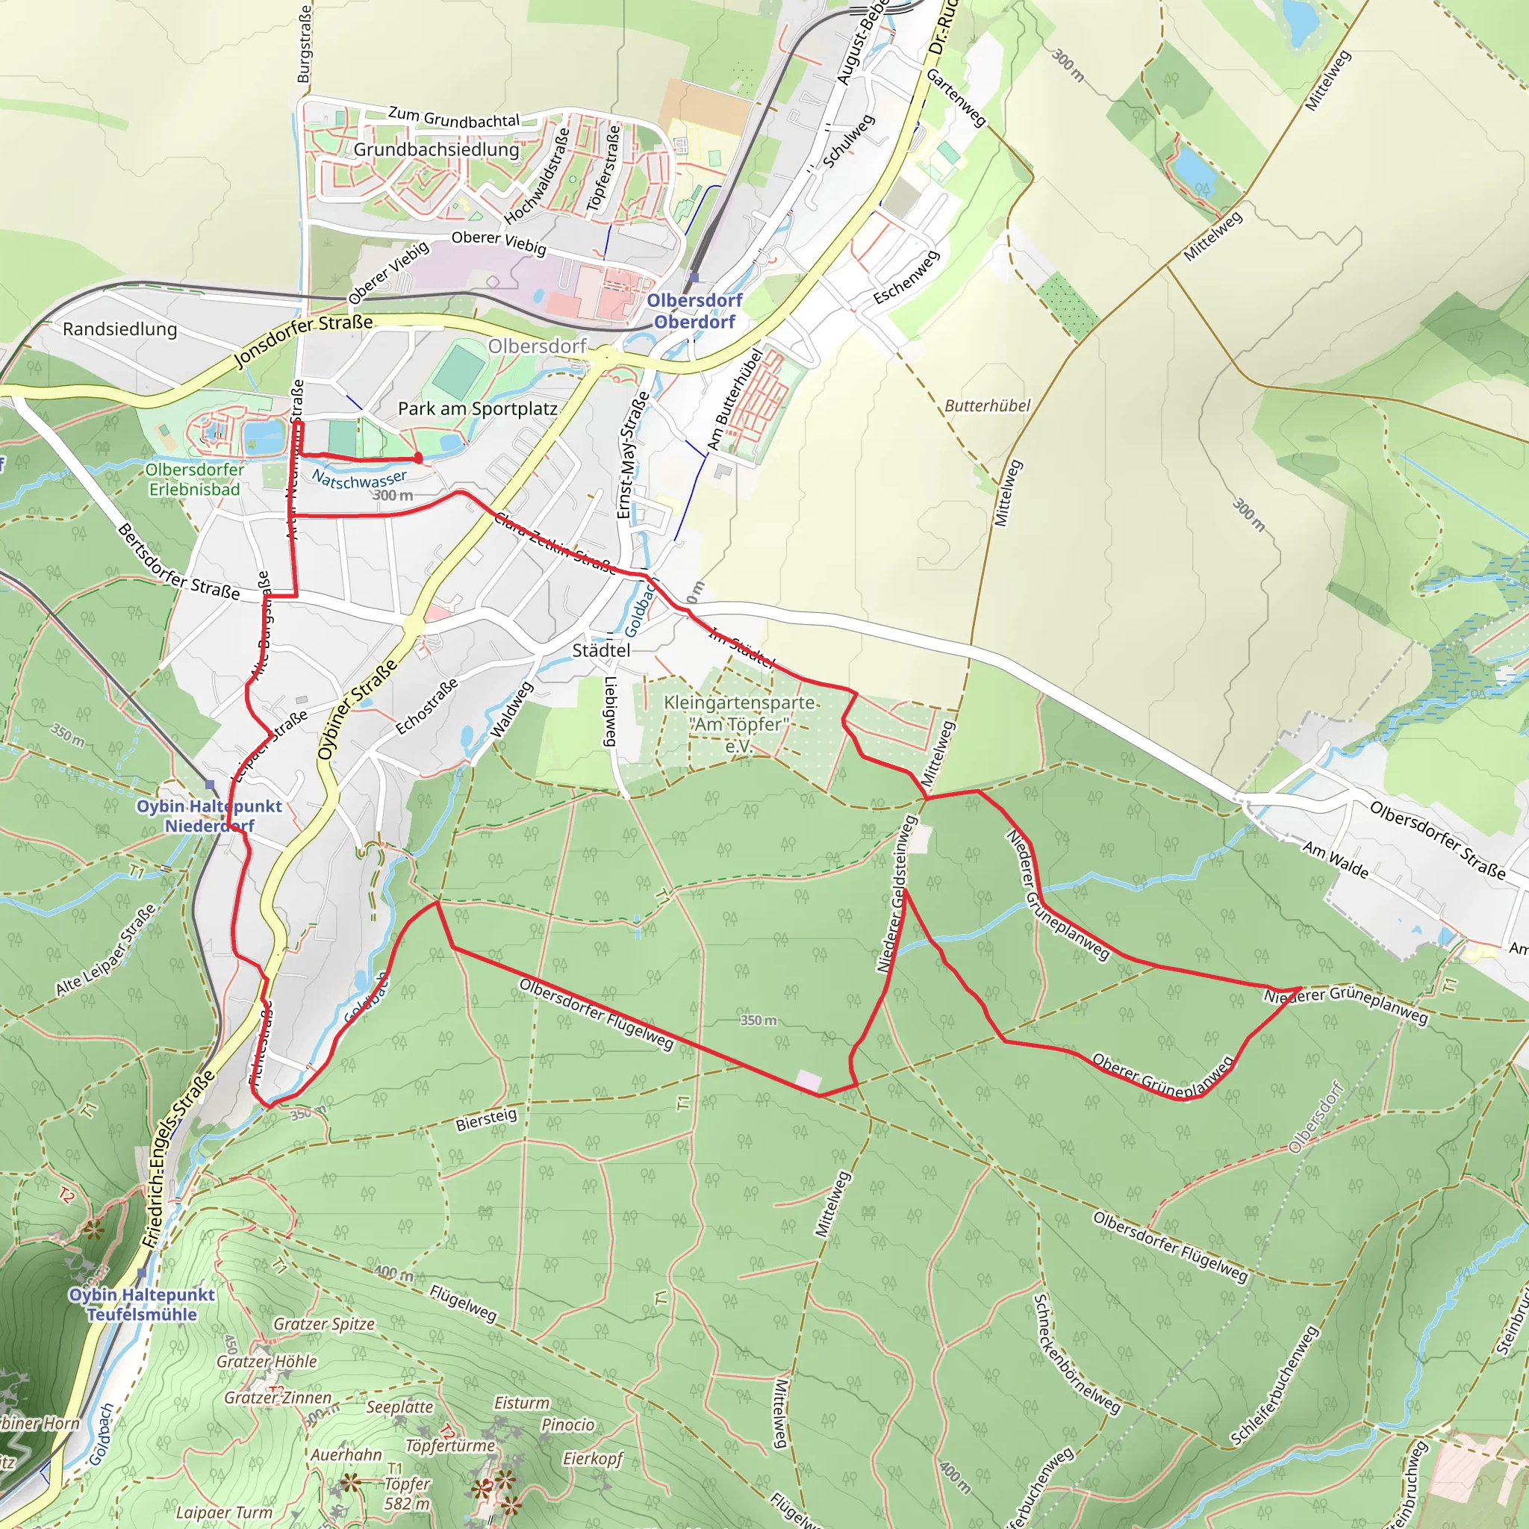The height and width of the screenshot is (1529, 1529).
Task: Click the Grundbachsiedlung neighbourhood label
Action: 436,149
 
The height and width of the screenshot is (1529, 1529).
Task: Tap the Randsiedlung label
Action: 119,329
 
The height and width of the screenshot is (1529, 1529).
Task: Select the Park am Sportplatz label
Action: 477,409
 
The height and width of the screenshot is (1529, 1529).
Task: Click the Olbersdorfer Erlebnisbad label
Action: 195,479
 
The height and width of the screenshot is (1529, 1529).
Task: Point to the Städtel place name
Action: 602,650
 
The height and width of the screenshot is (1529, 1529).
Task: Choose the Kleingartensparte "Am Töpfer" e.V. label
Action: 739,724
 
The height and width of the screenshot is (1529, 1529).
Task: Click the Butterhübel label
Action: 988,406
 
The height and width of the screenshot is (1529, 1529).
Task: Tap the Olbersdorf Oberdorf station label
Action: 694,311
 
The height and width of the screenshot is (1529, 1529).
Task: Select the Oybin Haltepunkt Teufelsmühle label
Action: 143,1304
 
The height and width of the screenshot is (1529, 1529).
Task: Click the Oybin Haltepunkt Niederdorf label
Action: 209,816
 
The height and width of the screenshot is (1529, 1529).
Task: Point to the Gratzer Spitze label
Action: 324,1324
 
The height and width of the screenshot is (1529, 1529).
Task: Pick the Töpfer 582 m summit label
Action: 407,1493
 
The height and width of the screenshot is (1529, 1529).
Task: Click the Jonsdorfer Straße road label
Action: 304,341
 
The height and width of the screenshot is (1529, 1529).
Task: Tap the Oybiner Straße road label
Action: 358,710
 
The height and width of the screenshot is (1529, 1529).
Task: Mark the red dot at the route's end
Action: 419,458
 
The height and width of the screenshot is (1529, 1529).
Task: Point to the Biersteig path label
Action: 486,1119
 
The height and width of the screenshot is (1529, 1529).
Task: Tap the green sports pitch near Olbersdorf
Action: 460,370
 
